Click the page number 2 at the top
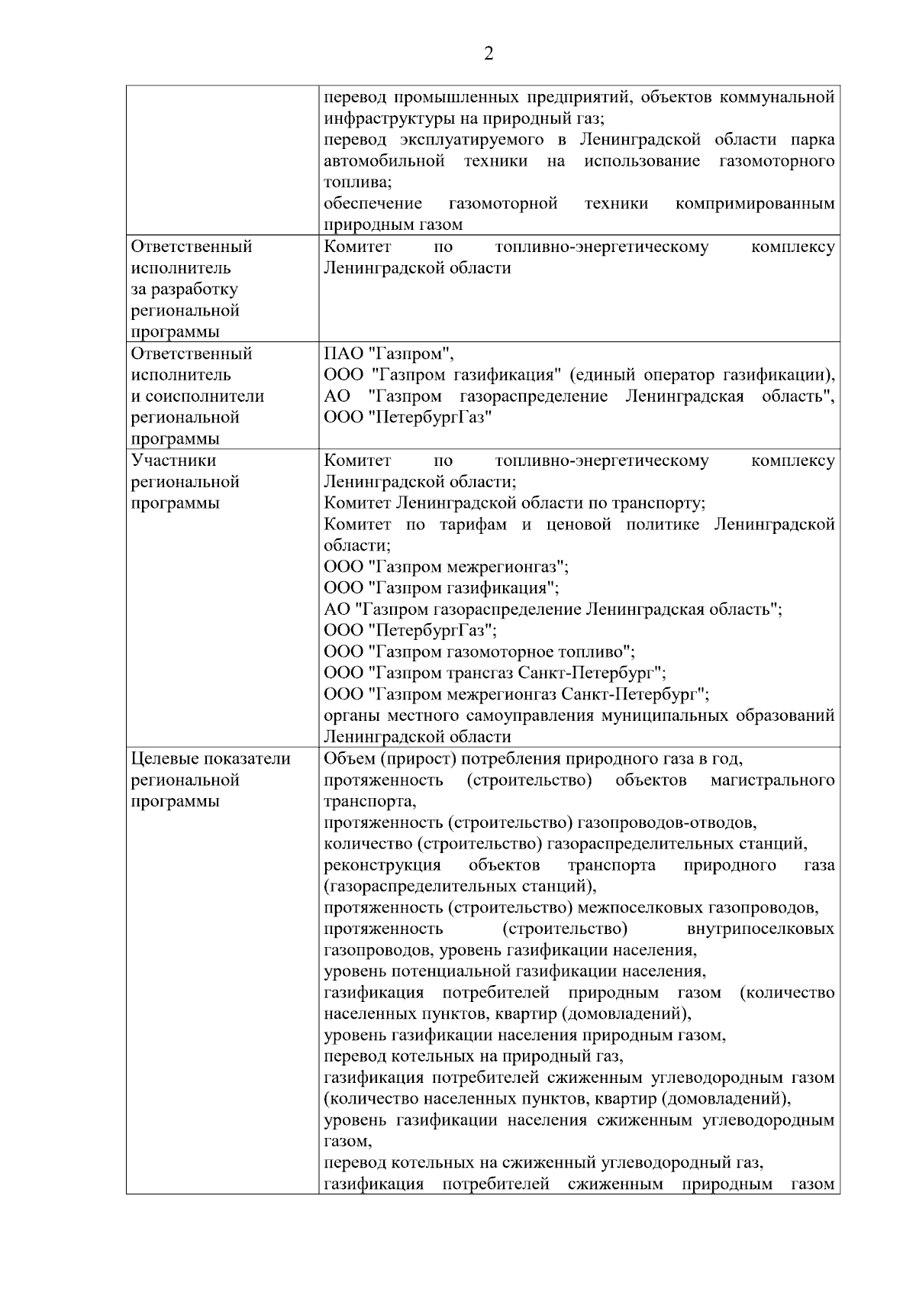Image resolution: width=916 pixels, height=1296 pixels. point(489,53)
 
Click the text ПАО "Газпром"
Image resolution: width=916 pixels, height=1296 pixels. point(389,354)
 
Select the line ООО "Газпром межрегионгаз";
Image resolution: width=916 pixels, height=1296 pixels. point(447,567)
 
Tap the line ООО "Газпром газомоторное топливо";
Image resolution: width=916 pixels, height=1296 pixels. point(479,651)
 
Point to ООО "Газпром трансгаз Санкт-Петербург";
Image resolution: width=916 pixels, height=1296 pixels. point(495,673)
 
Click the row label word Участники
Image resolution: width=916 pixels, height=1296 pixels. point(174,461)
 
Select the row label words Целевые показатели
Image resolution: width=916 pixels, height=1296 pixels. point(211,758)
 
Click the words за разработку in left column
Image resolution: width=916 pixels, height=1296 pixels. point(185,289)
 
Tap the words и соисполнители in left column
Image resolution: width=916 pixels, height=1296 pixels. point(198,396)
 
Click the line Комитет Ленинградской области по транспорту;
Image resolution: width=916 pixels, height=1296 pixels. point(514,503)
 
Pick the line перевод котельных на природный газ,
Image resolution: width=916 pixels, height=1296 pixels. point(474,1056)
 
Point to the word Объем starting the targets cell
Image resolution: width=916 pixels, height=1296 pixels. point(349,758)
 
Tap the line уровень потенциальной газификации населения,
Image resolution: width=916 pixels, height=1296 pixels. point(514,971)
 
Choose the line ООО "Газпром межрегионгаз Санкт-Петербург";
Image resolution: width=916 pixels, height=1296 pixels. point(517,694)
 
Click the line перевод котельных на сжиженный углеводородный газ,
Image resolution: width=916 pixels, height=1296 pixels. point(544,1163)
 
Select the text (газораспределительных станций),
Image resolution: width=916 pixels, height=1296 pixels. point(460,887)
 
